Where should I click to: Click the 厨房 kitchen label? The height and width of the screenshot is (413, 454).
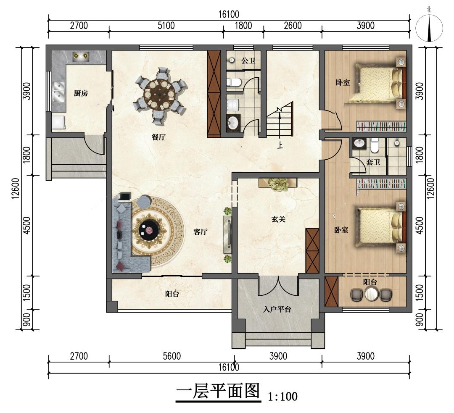[81, 93]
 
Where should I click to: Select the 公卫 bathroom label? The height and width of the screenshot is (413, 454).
[248, 61]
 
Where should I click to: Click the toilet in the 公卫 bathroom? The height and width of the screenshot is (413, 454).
[234, 83]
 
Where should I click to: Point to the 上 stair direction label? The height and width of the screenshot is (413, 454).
[280, 145]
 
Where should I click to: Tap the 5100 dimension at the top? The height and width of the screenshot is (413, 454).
[166, 26]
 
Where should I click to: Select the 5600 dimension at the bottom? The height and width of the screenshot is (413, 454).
[172, 356]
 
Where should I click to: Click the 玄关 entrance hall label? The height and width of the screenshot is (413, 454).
[279, 219]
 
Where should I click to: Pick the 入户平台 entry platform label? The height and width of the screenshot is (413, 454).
[277, 309]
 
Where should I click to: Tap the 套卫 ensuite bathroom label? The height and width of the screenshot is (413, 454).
[373, 162]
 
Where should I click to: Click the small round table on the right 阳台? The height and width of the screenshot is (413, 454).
[371, 295]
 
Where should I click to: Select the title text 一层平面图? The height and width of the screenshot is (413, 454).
[218, 392]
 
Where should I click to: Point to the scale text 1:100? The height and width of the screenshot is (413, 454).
[283, 396]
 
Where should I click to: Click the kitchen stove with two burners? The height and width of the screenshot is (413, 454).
[80, 55]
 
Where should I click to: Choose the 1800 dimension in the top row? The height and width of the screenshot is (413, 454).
[243, 26]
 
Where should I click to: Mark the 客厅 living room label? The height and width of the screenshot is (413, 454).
[201, 231]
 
